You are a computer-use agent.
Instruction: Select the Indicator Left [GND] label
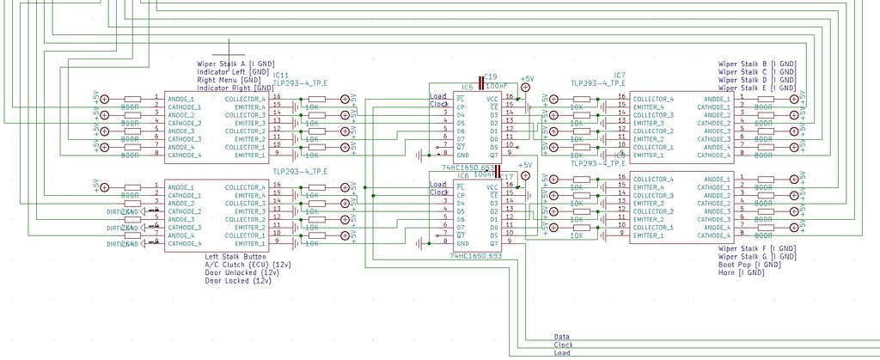pyautogui.click(x=230, y=72)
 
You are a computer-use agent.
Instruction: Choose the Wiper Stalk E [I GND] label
pyautogui.click(x=757, y=88)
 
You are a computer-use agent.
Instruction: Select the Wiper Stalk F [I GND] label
pyautogui.click(x=757, y=249)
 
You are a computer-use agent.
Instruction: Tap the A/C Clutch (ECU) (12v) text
pyautogui.click(x=247, y=265)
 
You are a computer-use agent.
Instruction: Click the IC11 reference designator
pyautogui.click(x=280, y=76)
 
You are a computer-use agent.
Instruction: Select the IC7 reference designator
pyautogui.click(x=620, y=76)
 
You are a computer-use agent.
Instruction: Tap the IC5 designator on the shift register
pyautogui.click(x=467, y=87)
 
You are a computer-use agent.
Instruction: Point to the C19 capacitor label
pyautogui.click(x=491, y=76)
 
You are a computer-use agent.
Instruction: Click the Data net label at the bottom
pyautogui.click(x=561, y=338)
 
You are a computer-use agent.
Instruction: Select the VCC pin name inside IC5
pyautogui.click(x=492, y=100)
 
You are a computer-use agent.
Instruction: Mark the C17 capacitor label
pyautogui.click(x=506, y=177)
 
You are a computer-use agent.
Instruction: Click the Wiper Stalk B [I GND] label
pyautogui.click(x=757, y=64)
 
